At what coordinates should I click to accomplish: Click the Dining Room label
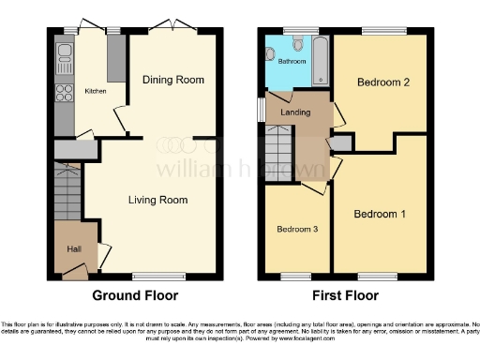[x=173, y=80]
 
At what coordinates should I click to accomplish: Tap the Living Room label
[x=157, y=200]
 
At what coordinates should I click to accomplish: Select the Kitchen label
[x=96, y=91]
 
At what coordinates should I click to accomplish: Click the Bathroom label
[x=291, y=62]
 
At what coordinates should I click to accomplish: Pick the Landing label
[x=296, y=112]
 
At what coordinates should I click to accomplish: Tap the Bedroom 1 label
[x=380, y=214]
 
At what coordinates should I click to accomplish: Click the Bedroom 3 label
[x=296, y=229]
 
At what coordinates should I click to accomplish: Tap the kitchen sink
[x=66, y=52]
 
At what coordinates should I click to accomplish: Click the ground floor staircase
[x=68, y=192]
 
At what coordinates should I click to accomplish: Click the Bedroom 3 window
[x=297, y=276]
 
